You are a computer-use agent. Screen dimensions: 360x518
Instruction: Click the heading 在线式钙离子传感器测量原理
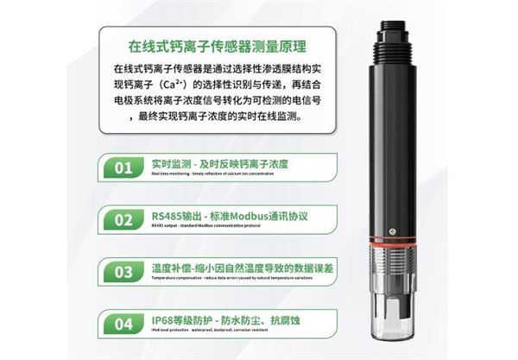[216, 44]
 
